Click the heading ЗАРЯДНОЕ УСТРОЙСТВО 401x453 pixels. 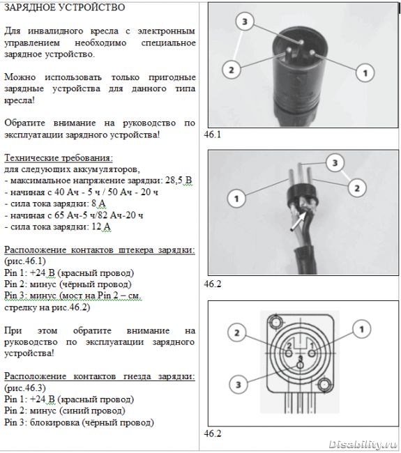point(65,7)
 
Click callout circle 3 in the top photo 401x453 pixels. point(245,22)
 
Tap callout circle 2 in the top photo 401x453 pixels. point(232,70)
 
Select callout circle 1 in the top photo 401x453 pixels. point(365,72)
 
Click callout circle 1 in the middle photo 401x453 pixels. point(236,199)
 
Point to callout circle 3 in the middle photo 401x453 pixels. point(335,162)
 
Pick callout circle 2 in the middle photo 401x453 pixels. point(357,188)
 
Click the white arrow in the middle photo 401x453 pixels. point(298,221)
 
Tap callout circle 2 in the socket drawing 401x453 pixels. point(237,333)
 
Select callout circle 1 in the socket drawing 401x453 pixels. point(361,329)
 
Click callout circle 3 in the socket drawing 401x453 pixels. point(239,385)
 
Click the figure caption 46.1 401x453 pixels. point(213,135)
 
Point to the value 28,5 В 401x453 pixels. point(179,181)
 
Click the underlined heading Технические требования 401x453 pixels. point(59,158)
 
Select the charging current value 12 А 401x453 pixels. point(101,227)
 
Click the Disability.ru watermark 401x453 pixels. point(363,444)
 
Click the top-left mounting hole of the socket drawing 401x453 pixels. point(275,321)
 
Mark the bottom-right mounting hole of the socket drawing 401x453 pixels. point(325,385)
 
